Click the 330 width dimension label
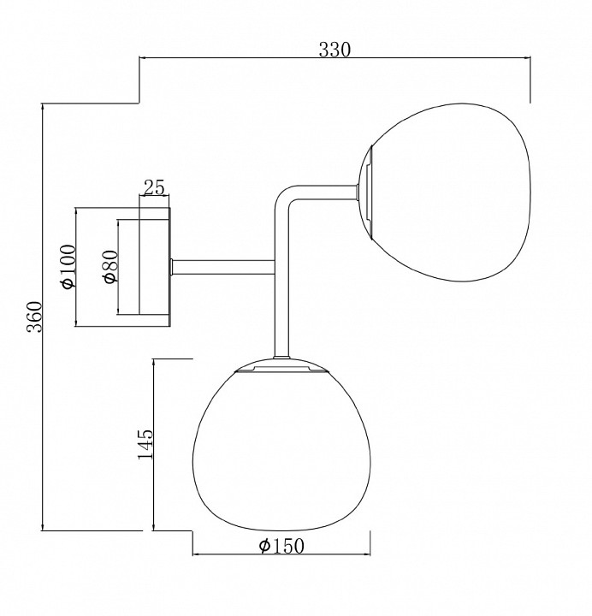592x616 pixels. (x=334, y=50)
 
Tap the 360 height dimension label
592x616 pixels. (x=34, y=317)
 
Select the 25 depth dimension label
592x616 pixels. (x=154, y=187)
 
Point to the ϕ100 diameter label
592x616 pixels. (x=68, y=266)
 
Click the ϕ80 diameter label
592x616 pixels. (x=110, y=266)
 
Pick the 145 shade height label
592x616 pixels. (x=145, y=444)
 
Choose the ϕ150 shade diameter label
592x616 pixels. (x=281, y=546)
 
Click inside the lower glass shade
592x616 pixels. (x=281, y=452)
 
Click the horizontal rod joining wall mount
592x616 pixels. (x=223, y=267)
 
